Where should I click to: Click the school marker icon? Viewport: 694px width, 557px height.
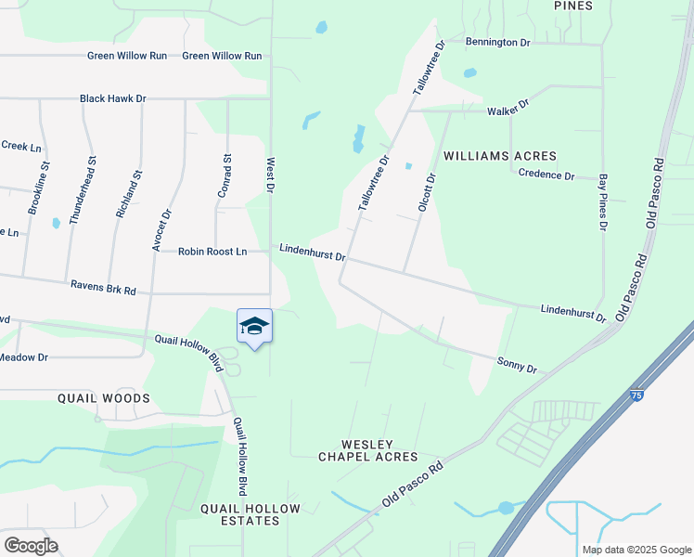tap(255, 327)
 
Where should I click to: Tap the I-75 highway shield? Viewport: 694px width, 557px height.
tap(636, 394)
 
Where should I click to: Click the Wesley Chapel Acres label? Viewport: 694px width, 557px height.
tap(368, 450)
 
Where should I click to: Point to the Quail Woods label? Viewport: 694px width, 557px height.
tap(104, 398)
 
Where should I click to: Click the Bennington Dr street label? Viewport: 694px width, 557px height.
tap(497, 43)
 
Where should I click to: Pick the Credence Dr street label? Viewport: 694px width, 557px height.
tap(546, 175)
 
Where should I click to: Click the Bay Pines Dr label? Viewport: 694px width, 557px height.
tap(603, 201)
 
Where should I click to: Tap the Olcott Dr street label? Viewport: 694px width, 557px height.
tap(426, 192)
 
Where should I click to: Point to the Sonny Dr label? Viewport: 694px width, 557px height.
tap(517, 364)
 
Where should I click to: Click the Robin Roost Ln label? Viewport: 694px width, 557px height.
tap(212, 252)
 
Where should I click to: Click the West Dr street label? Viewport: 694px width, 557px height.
tap(271, 175)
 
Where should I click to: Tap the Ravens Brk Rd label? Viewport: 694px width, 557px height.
tap(103, 289)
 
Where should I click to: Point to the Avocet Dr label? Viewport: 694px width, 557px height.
tap(162, 227)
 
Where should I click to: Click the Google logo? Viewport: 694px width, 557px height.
tap(31, 546)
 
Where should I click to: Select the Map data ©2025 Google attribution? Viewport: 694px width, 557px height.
tap(636, 550)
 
